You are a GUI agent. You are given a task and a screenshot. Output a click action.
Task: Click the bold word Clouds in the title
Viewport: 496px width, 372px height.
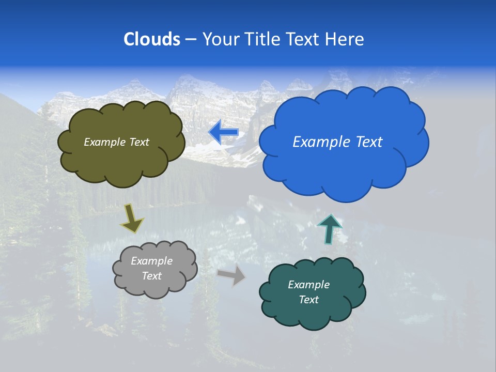[x=152, y=39]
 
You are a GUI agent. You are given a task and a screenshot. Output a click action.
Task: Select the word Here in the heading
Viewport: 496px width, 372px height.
[x=346, y=39]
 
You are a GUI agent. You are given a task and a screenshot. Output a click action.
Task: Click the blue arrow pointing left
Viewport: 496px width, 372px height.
[x=223, y=133]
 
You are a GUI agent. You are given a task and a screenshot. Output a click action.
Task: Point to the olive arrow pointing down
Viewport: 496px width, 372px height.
[x=132, y=218]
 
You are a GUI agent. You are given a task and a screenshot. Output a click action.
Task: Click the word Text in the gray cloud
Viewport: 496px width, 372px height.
[x=152, y=276]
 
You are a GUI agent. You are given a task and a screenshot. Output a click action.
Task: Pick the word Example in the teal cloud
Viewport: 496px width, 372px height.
[x=308, y=285]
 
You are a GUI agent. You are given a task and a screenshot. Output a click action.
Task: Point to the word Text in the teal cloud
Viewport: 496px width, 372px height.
[x=308, y=300]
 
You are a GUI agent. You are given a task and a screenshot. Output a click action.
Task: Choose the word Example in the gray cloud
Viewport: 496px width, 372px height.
[x=152, y=261]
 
